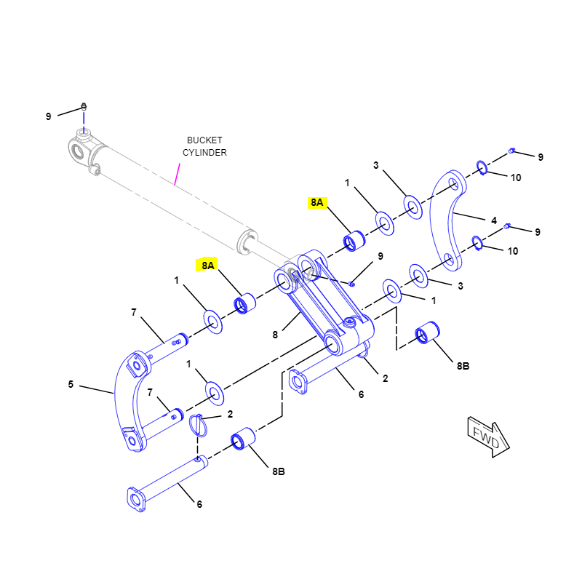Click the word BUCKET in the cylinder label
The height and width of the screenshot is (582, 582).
[x=204, y=140]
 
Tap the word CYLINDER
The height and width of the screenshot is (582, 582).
[x=204, y=153]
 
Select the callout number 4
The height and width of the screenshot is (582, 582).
[x=493, y=220]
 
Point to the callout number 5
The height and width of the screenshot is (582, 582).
[x=71, y=384]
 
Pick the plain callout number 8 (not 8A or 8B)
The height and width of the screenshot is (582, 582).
[x=275, y=335]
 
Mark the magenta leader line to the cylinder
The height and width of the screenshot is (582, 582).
[x=176, y=175]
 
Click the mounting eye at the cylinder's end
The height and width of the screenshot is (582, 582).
[x=81, y=148]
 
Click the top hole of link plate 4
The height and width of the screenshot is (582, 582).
[x=454, y=182]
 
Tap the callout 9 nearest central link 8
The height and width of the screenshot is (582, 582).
[x=379, y=256]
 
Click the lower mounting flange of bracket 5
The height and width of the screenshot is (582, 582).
[x=132, y=439]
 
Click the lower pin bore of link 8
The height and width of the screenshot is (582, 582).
[x=335, y=342]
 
